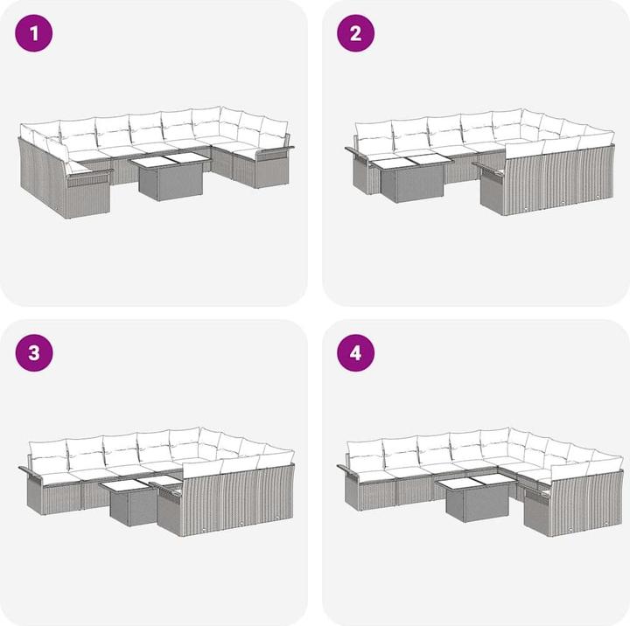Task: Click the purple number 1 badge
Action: pos(34,33)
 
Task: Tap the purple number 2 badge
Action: pos(355,33)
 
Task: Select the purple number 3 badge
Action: pos(34,353)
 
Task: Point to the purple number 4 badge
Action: pos(355,353)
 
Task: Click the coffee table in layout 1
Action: pos(171,176)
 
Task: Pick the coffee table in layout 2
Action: pos(411,177)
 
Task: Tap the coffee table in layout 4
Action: pos(476,497)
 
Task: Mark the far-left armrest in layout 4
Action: pos(348,469)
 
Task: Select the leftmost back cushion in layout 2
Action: pos(374,136)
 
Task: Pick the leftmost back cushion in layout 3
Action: pos(48,456)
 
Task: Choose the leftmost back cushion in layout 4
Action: pos(365,456)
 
